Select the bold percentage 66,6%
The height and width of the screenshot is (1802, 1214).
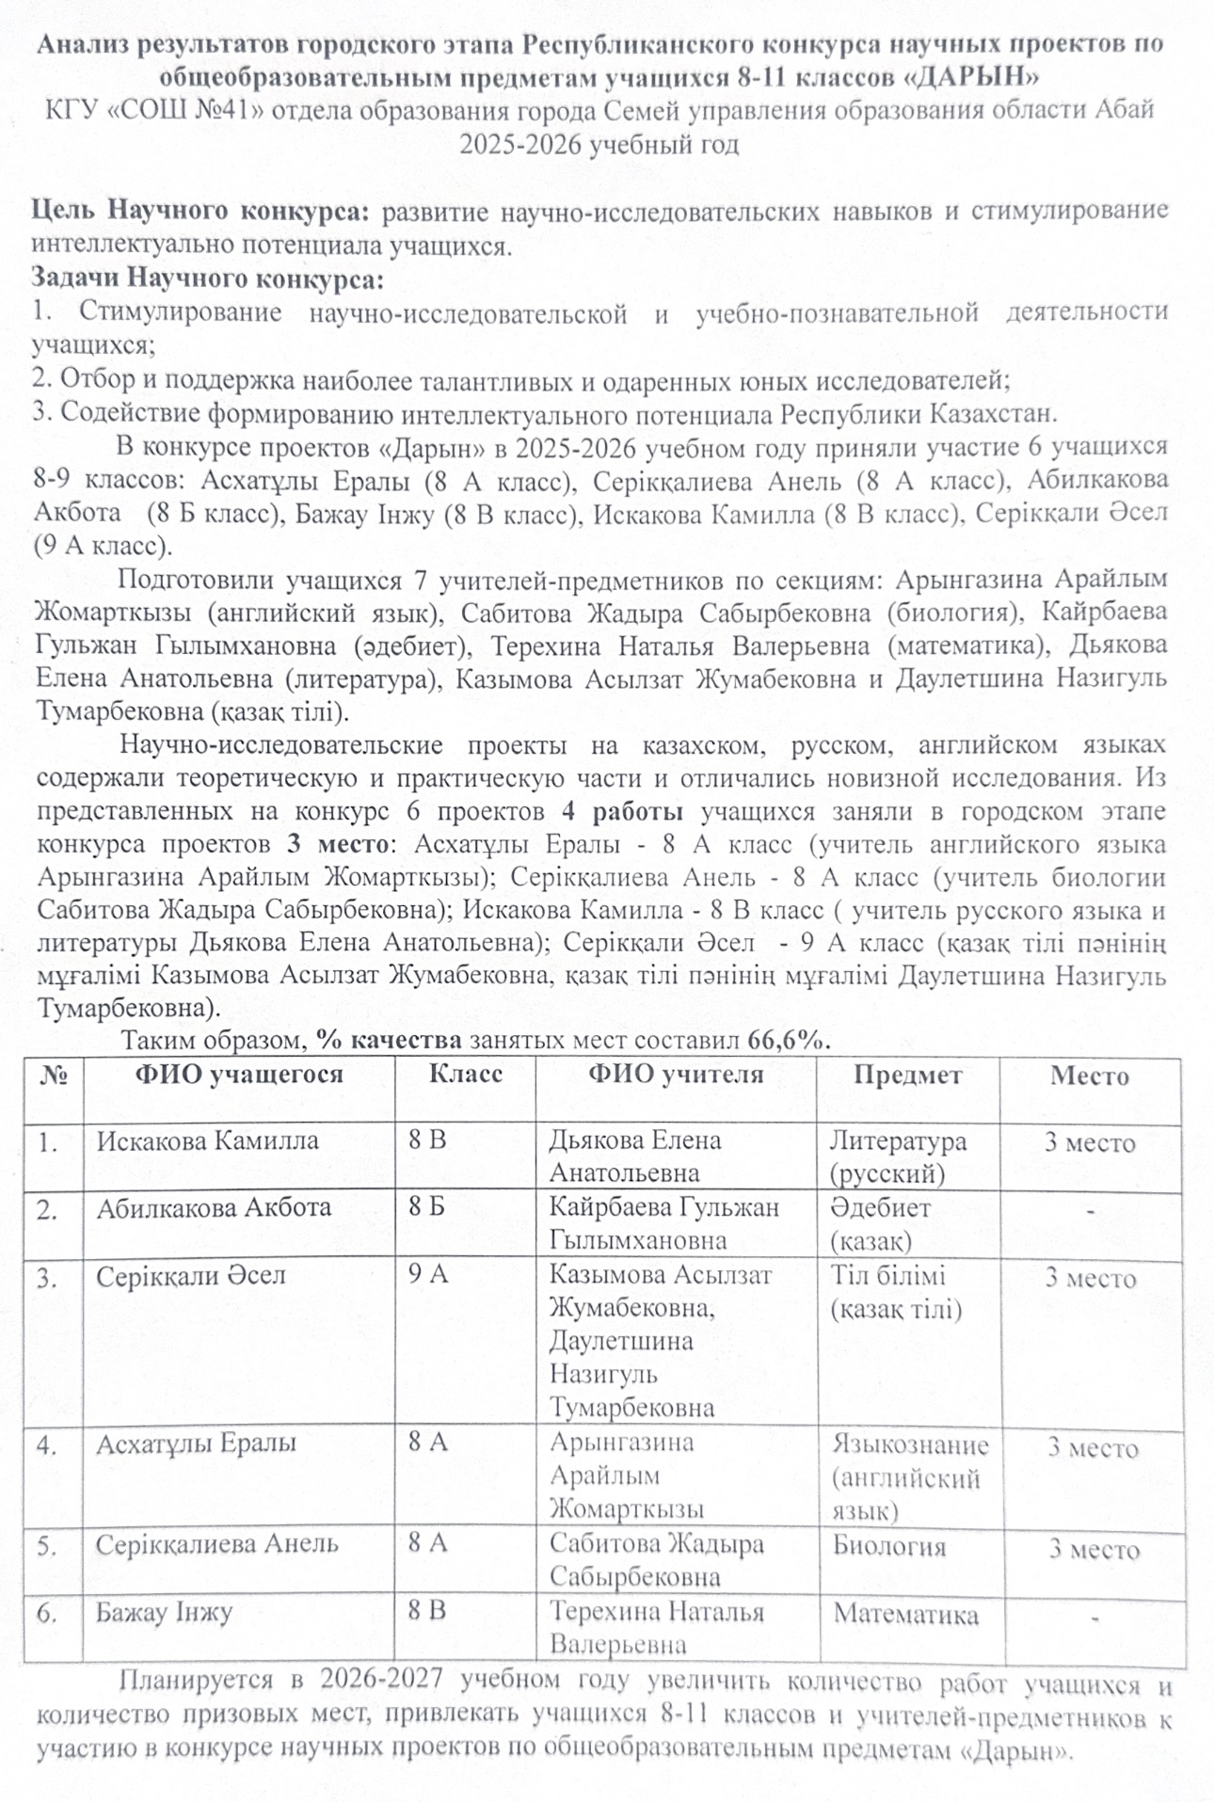pyautogui.click(x=789, y=1041)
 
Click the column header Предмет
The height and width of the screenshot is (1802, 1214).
pyautogui.click(x=907, y=1076)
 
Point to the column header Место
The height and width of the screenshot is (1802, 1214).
pyautogui.click(x=1089, y=1076)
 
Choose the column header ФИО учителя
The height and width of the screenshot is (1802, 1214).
pyautogui.click(x=676, y=1075)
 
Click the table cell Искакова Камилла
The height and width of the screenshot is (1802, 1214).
pyautogui.click(x=207, y=1141)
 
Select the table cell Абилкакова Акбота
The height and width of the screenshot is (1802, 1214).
pyautogui.click(x=214, y=1208)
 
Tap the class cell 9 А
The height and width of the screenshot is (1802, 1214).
pyautogui.click(x=428, y=1275)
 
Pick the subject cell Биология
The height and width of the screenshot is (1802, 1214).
pyautogui.click(x=888, y=1547)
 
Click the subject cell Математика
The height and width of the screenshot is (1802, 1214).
pyautogui.click(x=905, y=1615)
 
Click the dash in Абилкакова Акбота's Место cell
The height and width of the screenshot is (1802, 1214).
pyautogui.click(x=1090, y=1211)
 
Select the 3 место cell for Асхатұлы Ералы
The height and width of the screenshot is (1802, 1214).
pyautogui.click(x=1093, y=1448)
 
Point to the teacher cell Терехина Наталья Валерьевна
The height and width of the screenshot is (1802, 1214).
pyautogui.click(x=656, y=1628)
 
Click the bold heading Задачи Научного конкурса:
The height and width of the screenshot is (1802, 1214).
pyautogui.click(x=208, y=279)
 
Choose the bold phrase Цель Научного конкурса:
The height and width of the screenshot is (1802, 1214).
pyautogui.click(x=201, y=211)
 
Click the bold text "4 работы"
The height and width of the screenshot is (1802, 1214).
pyautogui.click(x=622, y=811)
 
